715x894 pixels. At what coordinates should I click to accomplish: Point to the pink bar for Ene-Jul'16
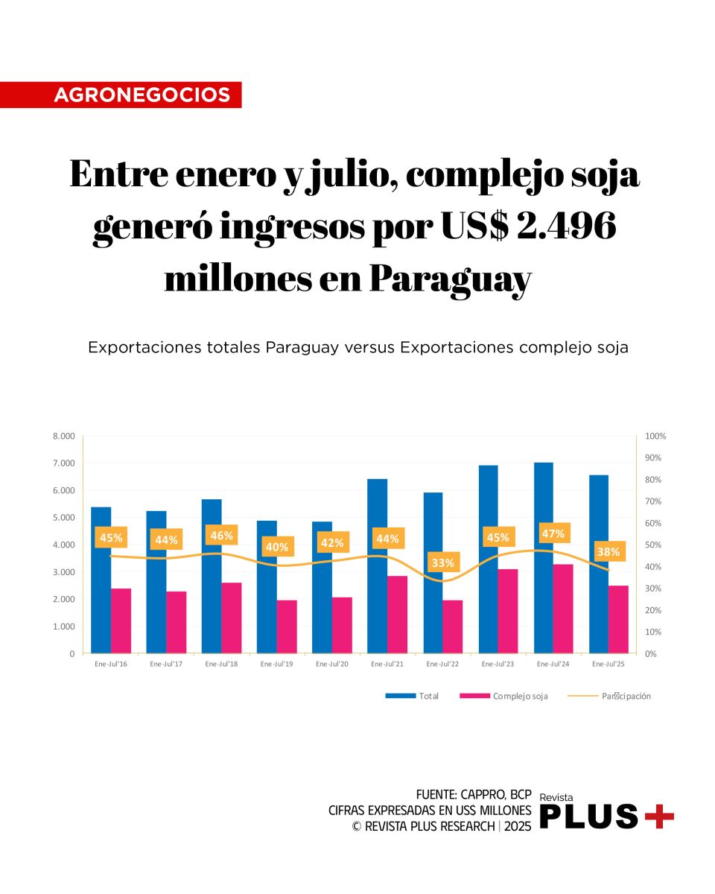[121, 621]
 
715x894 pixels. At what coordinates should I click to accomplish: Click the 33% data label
[443, 562]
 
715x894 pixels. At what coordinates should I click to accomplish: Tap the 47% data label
[553, 533]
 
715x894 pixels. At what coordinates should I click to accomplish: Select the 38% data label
[608, 552]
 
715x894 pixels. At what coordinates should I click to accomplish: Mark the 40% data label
[277, 547]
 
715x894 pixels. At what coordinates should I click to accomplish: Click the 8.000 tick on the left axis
[63, 436]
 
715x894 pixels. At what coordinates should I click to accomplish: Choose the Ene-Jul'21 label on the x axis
[387, 664]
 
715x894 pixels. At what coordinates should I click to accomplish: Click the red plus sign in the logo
[659, 817]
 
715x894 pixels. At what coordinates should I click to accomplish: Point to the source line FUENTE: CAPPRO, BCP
[474, 794]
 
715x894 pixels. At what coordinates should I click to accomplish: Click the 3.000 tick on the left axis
[63, 572]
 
